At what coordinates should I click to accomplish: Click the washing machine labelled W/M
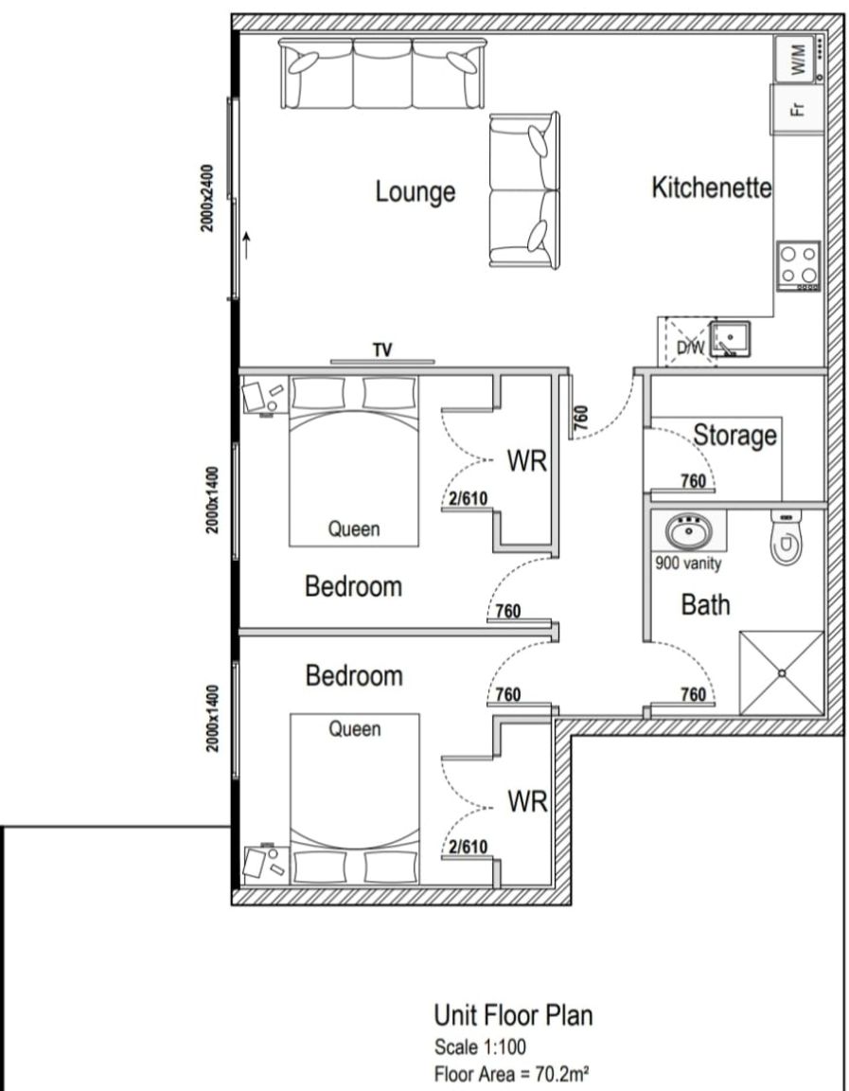tap(799, 59)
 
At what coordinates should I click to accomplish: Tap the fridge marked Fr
tap(798, 109)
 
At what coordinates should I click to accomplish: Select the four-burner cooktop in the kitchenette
tap(799, 266)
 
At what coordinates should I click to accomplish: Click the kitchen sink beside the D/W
tap(730, 340)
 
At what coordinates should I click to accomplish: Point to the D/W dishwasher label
tap(691, 348)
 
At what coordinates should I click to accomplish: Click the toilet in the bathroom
tap(786, 536)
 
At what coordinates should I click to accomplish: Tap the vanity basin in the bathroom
tap(688, 533)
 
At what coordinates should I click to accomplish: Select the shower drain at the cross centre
tap(782, 672)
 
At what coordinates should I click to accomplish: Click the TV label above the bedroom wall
tap(381, 350)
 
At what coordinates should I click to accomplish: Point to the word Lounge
tap(416, 192)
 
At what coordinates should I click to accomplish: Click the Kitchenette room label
tap(712, 188)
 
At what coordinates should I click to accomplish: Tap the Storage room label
tap(735, 435)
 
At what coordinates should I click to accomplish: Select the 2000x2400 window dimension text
tap(207, 198)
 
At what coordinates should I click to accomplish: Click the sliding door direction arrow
tap(247, 245)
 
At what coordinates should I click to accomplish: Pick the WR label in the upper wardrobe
tap(527, 460)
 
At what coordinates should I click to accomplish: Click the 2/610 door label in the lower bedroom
tap(468, 847)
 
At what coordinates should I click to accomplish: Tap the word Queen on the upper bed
tap(354, 529)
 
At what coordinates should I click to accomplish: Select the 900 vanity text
tap(688, 563)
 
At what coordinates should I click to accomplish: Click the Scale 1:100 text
tap(480, 1046)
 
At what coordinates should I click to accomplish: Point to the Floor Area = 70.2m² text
tap(512, 1074)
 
